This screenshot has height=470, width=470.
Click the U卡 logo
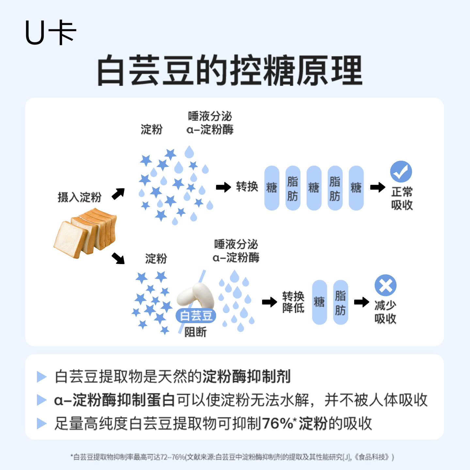[x=51, y=33]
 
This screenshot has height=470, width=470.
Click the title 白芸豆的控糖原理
[x=229, y=70]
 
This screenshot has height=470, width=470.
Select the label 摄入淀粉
[x=79, y=197]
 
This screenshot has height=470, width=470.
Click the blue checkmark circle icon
[x=401, y=172]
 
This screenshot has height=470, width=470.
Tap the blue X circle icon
[x=385, y=286]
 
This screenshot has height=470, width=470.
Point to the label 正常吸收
[x=402, y=198]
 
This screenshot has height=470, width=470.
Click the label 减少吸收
[x=385, y=312]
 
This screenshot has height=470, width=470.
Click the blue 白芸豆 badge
[x=196, y=316]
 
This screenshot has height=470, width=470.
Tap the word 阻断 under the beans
[x=196, y=332]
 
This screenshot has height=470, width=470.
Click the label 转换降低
[x=293, y=302]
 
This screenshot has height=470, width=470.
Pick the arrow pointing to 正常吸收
[x=378, y=187]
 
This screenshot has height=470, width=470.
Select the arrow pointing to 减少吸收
[x=362, y=302]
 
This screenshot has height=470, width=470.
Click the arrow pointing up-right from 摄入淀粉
[x=118, y=194]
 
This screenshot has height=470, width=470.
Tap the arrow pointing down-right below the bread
[x=118, y=258]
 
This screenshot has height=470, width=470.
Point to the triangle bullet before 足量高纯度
[x=42, y=423]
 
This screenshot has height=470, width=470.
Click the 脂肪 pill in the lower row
[x=340, y=302]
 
